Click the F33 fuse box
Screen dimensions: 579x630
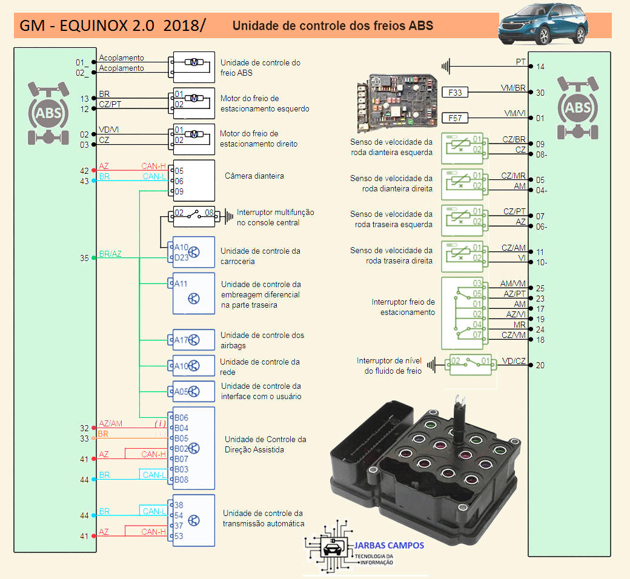click(x=456, y=93)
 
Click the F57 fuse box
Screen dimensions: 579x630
click(x=456, y=117)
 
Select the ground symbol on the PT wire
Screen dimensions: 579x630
click(x=446, y=65)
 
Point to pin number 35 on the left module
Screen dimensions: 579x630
click(x=84, y=258)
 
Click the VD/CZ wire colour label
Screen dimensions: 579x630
click(x=514, y=361)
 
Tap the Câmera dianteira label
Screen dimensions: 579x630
click(x=254, y=176)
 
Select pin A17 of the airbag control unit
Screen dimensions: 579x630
click(x=182, y=340)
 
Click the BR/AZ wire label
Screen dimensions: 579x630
click(x=110, y=254)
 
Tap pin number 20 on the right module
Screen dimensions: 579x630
click(x=540, y=365)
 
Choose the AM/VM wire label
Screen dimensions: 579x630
click(x=513, y=283)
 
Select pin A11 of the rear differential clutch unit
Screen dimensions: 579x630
click(x=181, y=283)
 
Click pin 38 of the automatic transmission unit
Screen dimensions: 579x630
click(x=179, y=505)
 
